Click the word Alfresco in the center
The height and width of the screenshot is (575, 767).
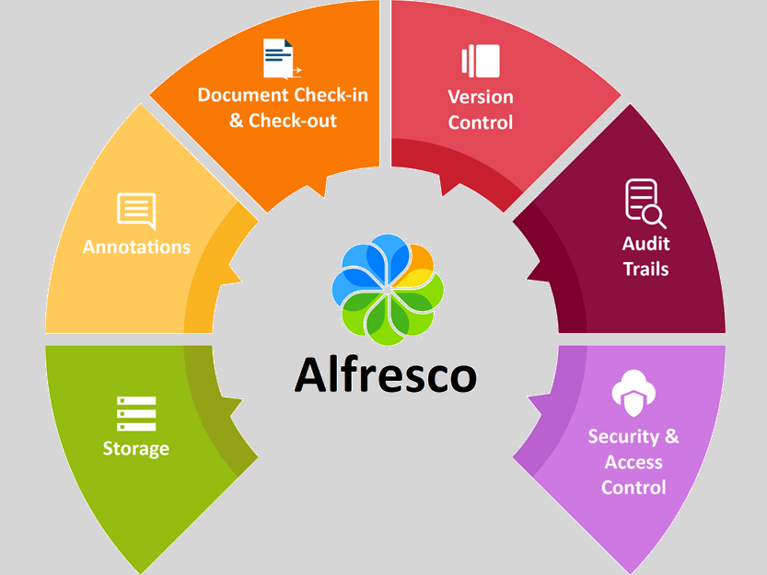[386, 375]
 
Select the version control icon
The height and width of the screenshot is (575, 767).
[481, 61]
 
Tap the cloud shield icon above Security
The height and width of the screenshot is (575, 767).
[633, 394]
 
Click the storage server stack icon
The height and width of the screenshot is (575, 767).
[136, 414]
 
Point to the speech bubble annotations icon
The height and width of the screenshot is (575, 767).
[136, 211]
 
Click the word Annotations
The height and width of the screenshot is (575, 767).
[136, 247]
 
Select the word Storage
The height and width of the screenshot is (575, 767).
[136, 449]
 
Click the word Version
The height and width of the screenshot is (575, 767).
[481, 97]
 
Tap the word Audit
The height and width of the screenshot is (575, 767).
[646, 244]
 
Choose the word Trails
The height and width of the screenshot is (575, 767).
[646, 270]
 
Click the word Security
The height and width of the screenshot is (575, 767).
[623, 436]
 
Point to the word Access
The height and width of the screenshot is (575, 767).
[633, 462]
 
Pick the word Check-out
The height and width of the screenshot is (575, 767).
[293, 121]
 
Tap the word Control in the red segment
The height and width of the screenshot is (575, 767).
[481, 122]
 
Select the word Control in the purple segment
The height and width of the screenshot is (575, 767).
[633, 488]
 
